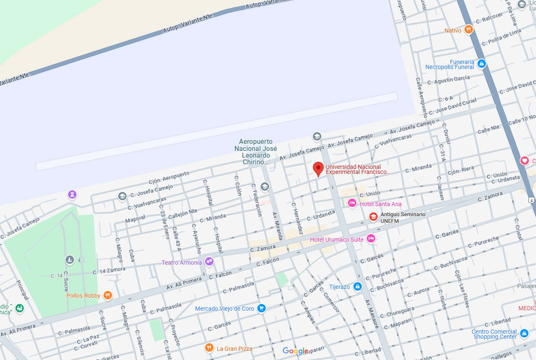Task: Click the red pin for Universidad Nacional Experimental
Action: click(318, 169)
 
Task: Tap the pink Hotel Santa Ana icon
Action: click(352, 203)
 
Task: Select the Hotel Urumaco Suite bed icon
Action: click(370, 239)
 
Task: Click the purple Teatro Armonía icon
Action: click(209, 262)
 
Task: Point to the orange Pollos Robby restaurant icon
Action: click(108, 295)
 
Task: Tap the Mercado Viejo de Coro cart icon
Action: click(262, 308)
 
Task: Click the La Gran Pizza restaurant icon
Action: click(209, 348)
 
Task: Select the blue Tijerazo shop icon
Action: click(357, 286)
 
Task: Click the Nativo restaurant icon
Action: click(469, 30)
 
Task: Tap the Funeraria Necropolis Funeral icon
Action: click(481, 64)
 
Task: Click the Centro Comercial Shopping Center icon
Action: click(524, 334)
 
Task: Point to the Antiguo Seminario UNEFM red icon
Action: click(373, 217)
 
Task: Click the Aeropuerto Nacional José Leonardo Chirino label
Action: click(256, 152)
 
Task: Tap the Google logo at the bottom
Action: click(296, 351)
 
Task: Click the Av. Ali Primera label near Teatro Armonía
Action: click(184, 284)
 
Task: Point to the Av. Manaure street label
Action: click(372, 314)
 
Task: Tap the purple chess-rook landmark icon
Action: click(73, 194)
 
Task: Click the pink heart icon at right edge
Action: click(524, 161)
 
